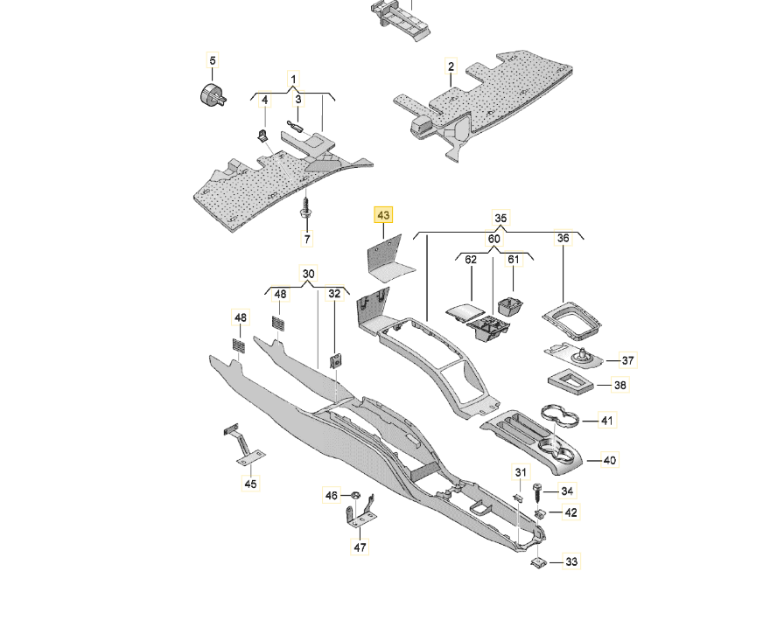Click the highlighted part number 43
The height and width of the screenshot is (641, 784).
pyautogui.click(x=383, y=215)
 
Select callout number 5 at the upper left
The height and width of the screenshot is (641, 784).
pyautogui.click(x=212, y=60)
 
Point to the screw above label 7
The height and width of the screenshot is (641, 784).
pyautogui.click(x=305, y=210)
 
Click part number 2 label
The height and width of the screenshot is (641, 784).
pyautogui.click(x=451, y=66)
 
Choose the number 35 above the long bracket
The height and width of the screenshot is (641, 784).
pyautogui.click(x=500, y=218)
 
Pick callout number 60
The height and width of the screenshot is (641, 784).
pyautogui.click(x=494, y=239)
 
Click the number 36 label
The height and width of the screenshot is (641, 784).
pyautogui.click(x=563, y=238)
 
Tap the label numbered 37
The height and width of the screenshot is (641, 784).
pyautogui.click(x=627, y=360)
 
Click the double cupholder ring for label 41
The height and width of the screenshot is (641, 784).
pyautogui.click(x=561, y=417)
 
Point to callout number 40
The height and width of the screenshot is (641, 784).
pyautogui.click(x=610, y=460)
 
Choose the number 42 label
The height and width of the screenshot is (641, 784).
pyautogui.click(x=570, y=512)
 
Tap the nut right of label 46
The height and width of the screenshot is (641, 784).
pyautogui.click(x=356, y=496)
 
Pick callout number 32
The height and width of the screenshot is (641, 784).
pyautogui.click(x=334, y=294)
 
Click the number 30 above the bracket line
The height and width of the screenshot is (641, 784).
pyautogui.click(x=308, y=274)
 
